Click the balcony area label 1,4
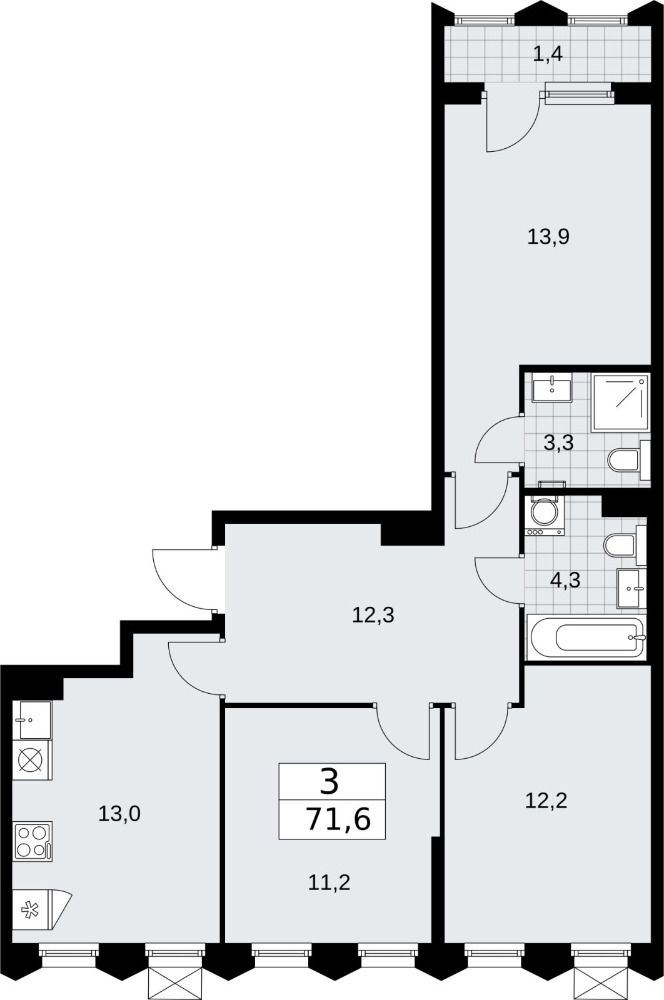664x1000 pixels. (x=548, y=54)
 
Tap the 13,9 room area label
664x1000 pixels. (x=548, y=237)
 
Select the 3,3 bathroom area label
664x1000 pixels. (x=558, y=443)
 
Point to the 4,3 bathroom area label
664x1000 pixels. (x=565, y=581)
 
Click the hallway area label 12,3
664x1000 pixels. (x=373, y=615)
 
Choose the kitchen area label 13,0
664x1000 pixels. (x=119, y=813)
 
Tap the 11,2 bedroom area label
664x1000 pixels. (x=329, y=882)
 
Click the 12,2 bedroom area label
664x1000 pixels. (x=546, y=801)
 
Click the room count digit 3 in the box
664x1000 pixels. (x=329, y=784)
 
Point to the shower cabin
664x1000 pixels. (x=620, y=402)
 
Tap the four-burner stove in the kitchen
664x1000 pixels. (x=32, y=841)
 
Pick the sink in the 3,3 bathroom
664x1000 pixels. (x=551, y=387)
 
